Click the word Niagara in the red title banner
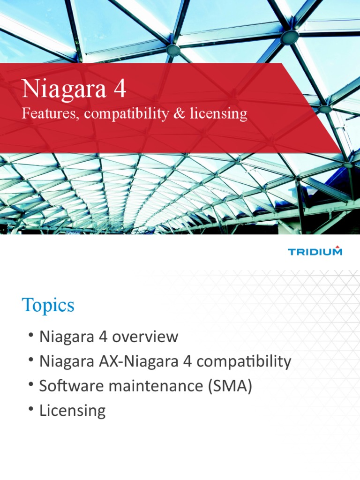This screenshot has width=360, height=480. (x=64, y=89)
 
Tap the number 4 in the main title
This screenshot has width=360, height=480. (x=120, y=89)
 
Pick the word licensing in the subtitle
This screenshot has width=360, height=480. (x=218, y=114)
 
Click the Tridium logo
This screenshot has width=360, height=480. (x=315, y=252)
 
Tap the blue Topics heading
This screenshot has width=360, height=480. (x=48, y=306)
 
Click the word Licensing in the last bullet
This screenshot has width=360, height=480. (x=72, y=411)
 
